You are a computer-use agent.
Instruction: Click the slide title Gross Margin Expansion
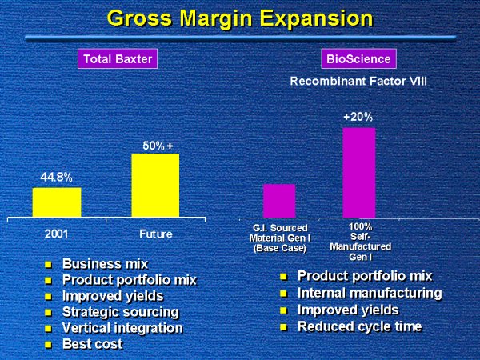[239, 17]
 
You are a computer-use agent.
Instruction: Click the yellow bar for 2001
[56, 202]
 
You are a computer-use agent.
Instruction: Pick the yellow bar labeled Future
[154, 185]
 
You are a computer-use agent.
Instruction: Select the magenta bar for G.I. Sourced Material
[279, 200]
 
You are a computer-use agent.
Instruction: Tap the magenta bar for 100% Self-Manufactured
[358, 172]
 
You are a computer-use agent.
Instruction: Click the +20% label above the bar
[358, 117]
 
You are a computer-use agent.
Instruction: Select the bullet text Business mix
[105, 263]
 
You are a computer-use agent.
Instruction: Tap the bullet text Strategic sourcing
[120, 311]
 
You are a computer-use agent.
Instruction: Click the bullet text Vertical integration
[122, 327]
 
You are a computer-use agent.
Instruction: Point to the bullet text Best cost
[92, 343]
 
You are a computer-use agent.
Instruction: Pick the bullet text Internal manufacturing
[369, 293]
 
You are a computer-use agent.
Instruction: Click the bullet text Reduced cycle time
[359, 326]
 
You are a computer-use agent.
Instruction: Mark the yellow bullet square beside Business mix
[48, 264]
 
